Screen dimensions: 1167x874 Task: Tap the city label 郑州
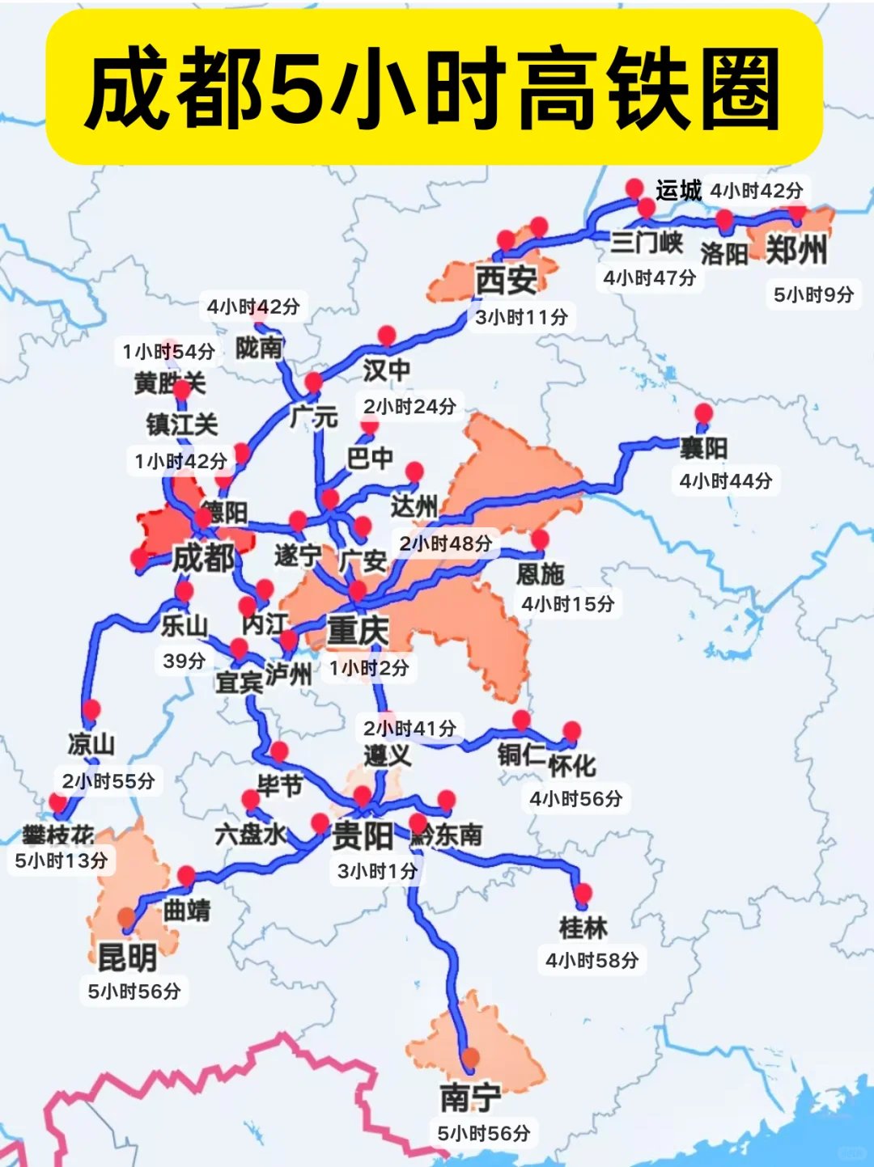(x=796, y=250)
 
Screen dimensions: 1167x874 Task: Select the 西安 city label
(x=506, y=281)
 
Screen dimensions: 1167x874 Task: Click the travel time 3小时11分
(x=521, y=317)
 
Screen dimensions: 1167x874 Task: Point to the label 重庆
(x=358, y=630)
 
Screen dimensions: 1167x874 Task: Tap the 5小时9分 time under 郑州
(x=813, y=294)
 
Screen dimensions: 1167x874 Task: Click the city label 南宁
(x=470, y=1097)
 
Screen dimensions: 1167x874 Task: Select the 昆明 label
(x=127, y=958)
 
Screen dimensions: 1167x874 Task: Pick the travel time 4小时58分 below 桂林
(x=592, y=961)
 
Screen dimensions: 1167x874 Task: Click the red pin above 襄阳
(x=704, y=413)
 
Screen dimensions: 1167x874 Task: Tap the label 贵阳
(x=363, y=835)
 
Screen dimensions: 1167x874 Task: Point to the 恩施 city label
(x=541, y=573)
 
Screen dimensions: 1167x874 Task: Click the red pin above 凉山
(x=91, y=709)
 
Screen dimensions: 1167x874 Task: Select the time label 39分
(x=184, y=661)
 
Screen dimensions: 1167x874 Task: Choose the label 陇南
(x=259, y=348)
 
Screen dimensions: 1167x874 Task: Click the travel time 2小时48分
(x=446, y=543)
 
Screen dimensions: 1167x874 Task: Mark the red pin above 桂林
(x=583, y=893)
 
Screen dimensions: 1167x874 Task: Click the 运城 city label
(x=678, y=191)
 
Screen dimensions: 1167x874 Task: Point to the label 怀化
(x=572, y=765)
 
